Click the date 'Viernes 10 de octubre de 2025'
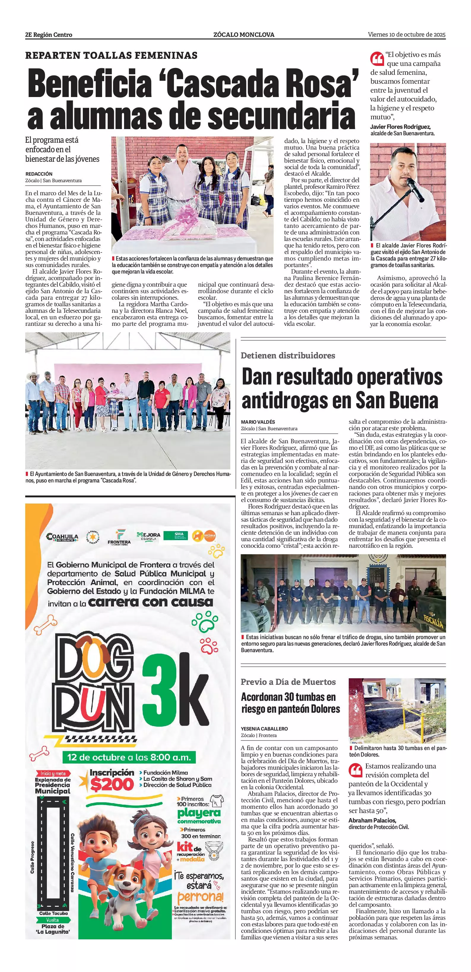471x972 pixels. tap(407, 35)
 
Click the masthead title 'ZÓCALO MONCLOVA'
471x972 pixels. tap(244, 35)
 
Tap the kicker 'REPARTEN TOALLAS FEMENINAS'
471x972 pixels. tap(111, 55)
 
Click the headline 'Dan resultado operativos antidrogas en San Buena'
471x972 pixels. tap(342, 388)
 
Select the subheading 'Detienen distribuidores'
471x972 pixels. tap(288, 355)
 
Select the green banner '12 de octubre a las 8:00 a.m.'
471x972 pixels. tap(129, 757)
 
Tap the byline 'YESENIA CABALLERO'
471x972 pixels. tap(264, 729)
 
